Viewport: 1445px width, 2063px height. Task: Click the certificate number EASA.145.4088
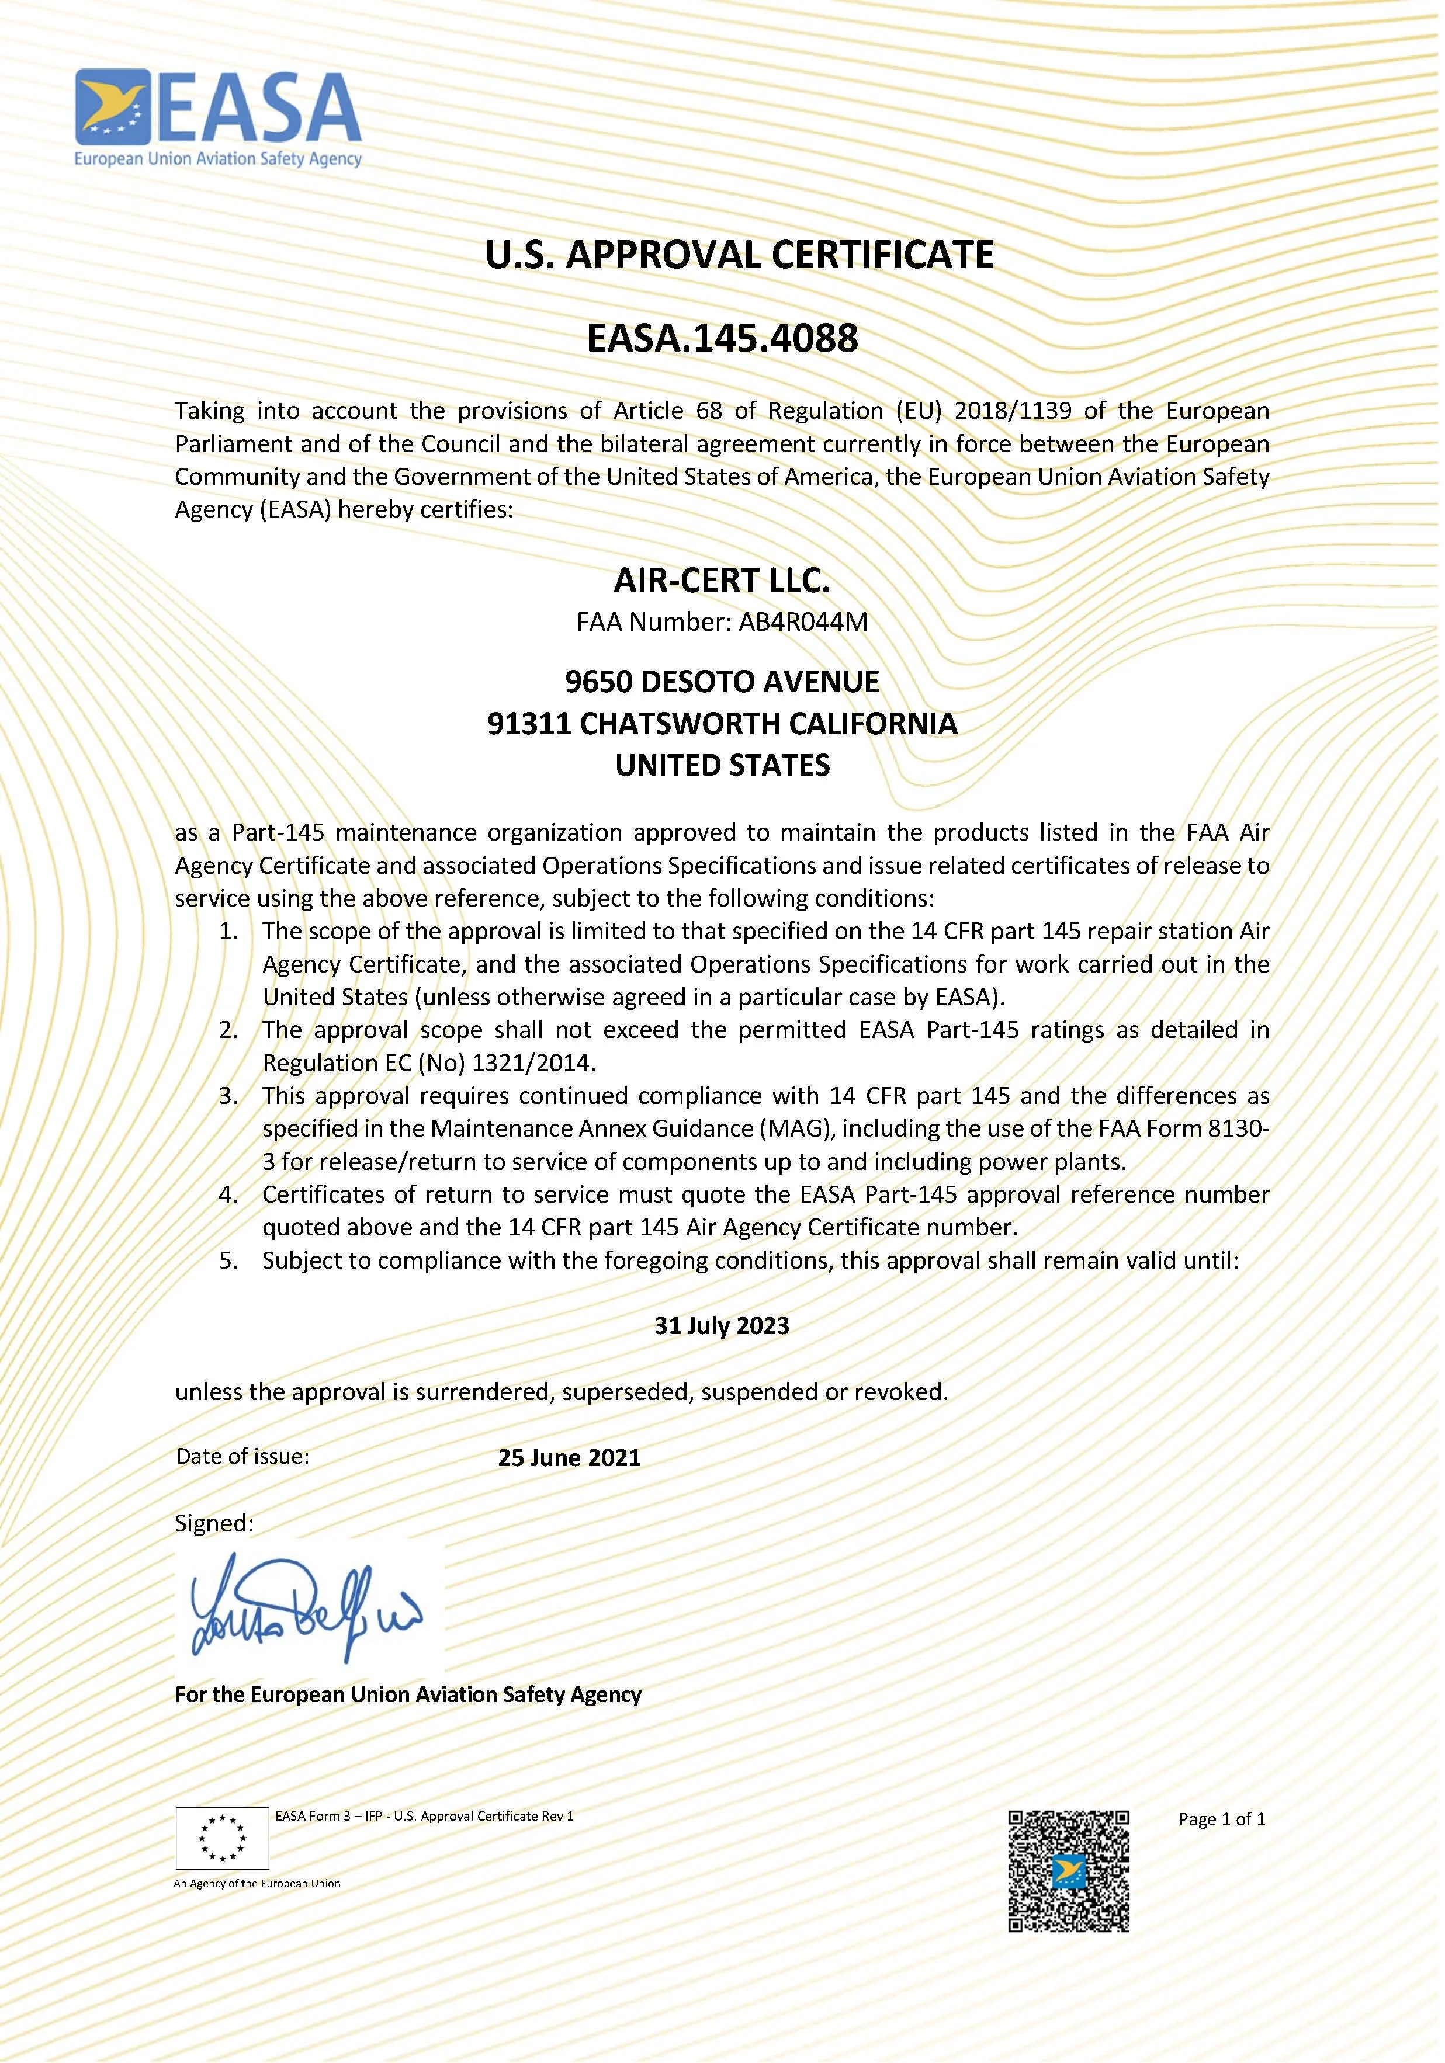(x=722, y=339)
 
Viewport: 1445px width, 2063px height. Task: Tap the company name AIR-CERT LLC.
(x=722, y=581)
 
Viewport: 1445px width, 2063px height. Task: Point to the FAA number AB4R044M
(x=803, y=622)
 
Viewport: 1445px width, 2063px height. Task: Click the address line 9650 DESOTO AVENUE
(x=722, y=682)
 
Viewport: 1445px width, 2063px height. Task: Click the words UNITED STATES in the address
(x=722, y=766)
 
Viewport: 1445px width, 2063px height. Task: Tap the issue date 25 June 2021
(x=569, y=1457)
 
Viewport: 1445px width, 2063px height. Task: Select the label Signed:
(x=214, y=1523)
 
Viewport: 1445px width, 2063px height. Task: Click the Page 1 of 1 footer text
(x=1221, y=1819)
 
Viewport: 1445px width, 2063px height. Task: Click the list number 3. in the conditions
(x=228, y=1096)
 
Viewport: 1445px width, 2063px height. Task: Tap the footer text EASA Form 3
(x=309, y=1816)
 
